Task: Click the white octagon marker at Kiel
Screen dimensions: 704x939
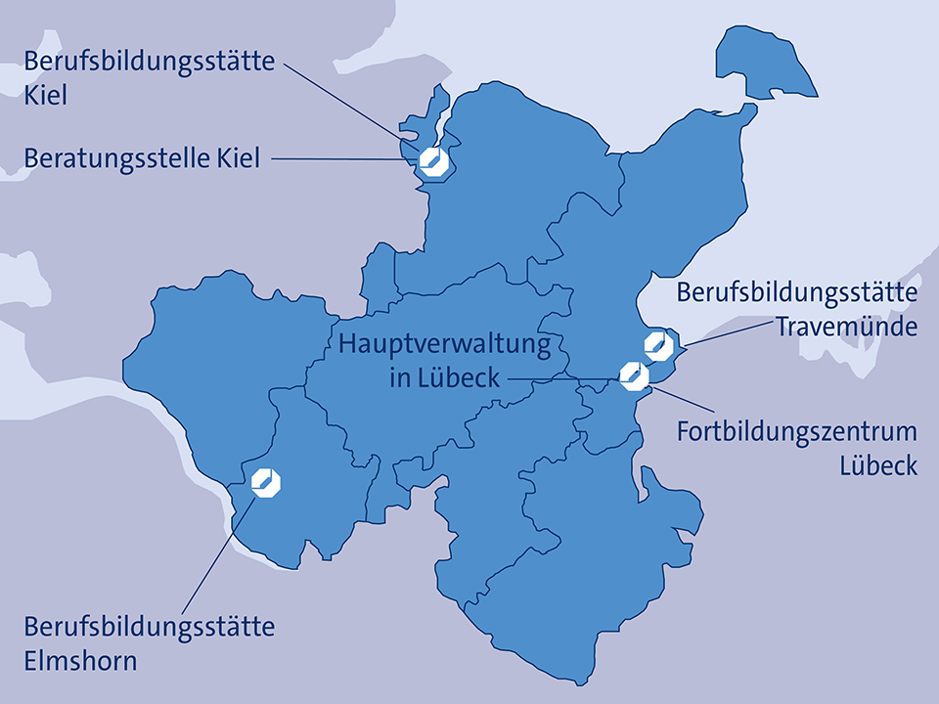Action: click(x=432, y=161)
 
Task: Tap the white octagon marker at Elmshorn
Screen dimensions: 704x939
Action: click(x=265, y=481)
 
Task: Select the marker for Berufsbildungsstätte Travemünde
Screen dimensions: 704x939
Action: click(x=656, y=344)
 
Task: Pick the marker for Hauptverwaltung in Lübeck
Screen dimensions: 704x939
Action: click(x=634, y=375)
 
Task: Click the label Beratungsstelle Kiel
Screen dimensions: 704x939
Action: click(x=142, y=157)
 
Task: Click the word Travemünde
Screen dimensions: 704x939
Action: click(x=847, y=326)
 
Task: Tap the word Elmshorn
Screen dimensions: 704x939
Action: click(x=80, y=660)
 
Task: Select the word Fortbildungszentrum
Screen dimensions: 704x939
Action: click(x=797, y=432)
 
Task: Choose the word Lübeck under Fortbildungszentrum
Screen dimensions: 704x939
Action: click(x=878, y=465)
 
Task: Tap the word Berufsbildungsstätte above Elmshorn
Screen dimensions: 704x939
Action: click(x=149, y=626)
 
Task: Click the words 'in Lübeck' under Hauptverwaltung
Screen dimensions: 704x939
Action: click(x=444, y=378)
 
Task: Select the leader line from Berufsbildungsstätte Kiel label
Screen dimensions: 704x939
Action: click(x=342, y=98)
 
